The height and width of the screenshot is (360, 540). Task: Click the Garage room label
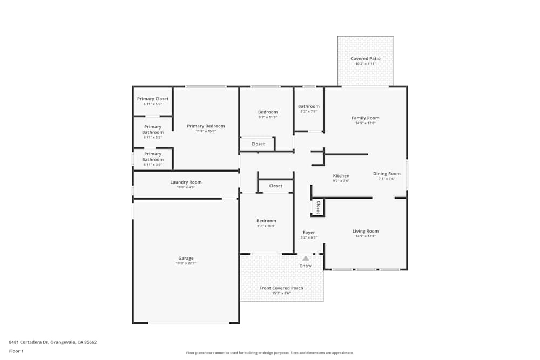186,258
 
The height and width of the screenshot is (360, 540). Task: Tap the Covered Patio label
366,59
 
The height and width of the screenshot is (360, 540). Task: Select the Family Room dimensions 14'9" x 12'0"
366,123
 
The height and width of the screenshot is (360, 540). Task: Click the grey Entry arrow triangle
306,259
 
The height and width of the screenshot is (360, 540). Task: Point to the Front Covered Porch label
281,288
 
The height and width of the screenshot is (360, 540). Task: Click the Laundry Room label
186,182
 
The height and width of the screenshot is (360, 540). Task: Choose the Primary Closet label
153,99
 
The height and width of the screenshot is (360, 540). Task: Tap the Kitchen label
341,176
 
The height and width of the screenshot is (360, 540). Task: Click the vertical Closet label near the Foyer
318,207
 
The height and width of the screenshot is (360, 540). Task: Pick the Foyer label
309,233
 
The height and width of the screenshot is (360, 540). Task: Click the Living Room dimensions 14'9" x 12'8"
366,236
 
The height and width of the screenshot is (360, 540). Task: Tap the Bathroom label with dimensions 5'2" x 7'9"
309,106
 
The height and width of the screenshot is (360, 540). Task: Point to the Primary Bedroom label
206,126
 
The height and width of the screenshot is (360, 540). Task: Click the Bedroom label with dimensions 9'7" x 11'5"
267,112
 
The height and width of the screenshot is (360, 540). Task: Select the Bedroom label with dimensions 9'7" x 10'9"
266,221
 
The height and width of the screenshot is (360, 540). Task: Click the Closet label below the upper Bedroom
258,144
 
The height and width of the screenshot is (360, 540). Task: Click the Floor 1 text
16,351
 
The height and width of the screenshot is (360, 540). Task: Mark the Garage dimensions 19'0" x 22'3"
186,263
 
